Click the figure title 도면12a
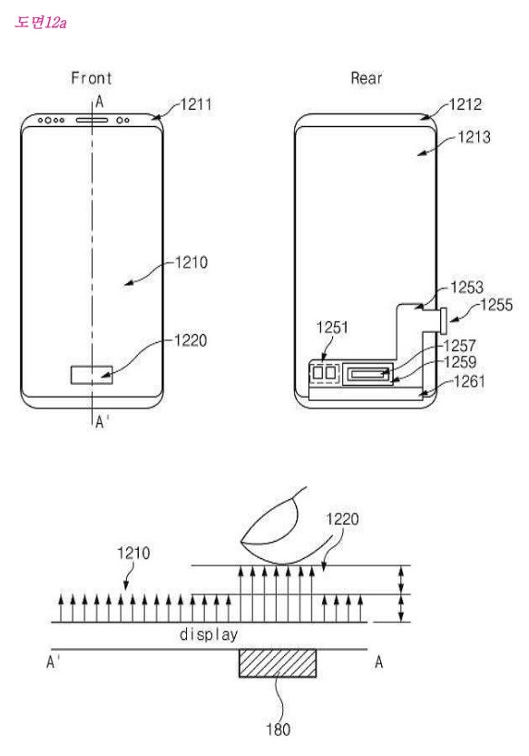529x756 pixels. pos(41,22)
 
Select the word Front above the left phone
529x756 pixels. pos(92,78)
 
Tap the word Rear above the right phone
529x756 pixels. pos(367,78)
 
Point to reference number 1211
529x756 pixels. pos(196,104)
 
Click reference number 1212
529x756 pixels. pos(465,104)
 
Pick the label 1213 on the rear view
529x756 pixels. pos(474,137)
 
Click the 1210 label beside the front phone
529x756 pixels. pos(191,263)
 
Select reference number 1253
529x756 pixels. pos(466,288)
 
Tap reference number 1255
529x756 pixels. pos(496,305)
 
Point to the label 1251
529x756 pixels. pos(332,328)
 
